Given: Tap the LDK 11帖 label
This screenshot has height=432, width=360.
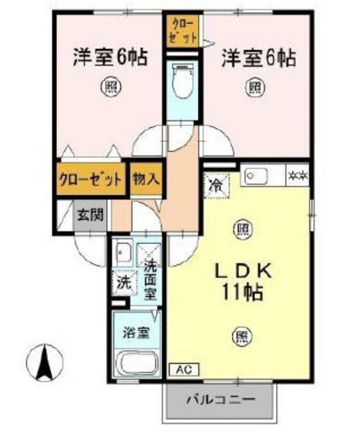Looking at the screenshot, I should point(241,282).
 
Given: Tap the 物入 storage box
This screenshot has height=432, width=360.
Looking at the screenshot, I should point(146,180).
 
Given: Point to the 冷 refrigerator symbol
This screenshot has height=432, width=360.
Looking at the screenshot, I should point(215,184).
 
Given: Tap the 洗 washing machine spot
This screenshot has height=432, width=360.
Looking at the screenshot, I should point(123,283).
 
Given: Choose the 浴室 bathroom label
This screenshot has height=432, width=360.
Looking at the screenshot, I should point(137,334).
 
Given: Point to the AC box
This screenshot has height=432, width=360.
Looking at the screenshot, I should point(184,370).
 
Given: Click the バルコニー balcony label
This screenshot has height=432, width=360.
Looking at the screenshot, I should point(220,401).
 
